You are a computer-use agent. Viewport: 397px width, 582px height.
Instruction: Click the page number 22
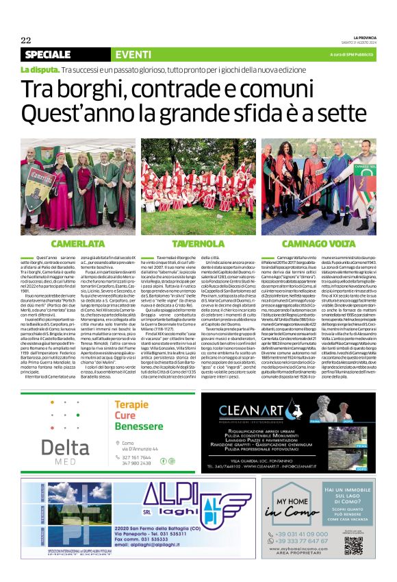(25, 40)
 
